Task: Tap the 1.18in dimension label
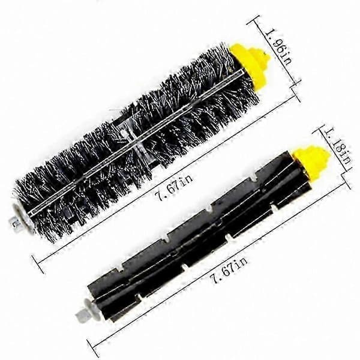coord(339,147)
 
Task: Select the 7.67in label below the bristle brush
coord(174,187)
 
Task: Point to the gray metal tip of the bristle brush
coord(14,222)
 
